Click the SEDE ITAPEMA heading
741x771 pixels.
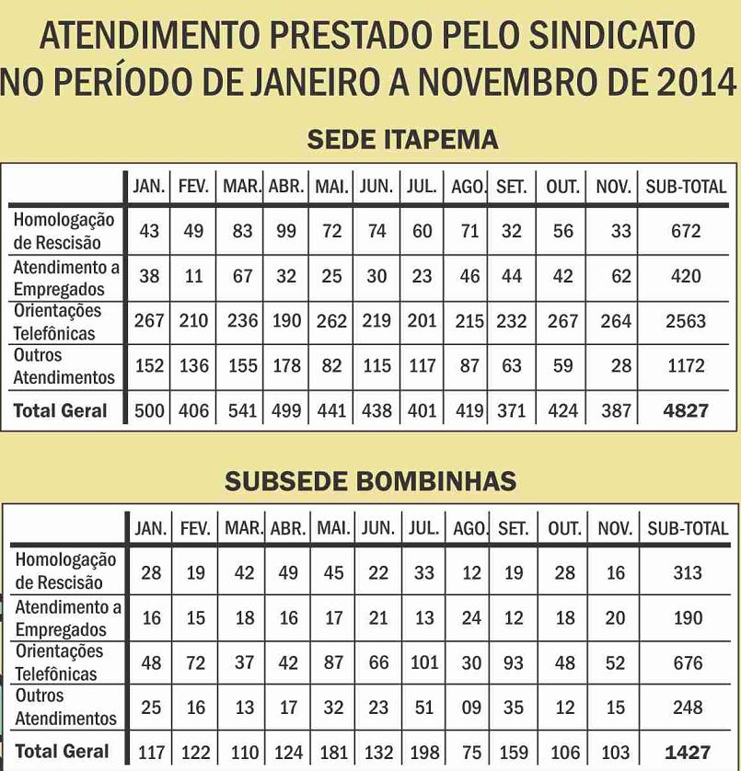402,140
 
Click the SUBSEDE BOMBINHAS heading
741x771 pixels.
371,481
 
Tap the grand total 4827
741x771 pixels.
686,410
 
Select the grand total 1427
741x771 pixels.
688,752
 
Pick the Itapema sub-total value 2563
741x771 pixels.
686,321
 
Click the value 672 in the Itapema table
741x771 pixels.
686,231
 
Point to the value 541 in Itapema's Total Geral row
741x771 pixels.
242,410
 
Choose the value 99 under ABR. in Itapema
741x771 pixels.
286,231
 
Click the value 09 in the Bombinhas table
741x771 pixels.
470,708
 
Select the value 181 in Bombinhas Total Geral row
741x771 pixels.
331,752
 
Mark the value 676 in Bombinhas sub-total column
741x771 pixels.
688,662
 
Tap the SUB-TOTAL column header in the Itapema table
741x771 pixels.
686,187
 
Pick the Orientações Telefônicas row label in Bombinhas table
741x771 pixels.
58,662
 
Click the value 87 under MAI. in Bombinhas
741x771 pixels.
331,662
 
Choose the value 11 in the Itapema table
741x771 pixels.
193,276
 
